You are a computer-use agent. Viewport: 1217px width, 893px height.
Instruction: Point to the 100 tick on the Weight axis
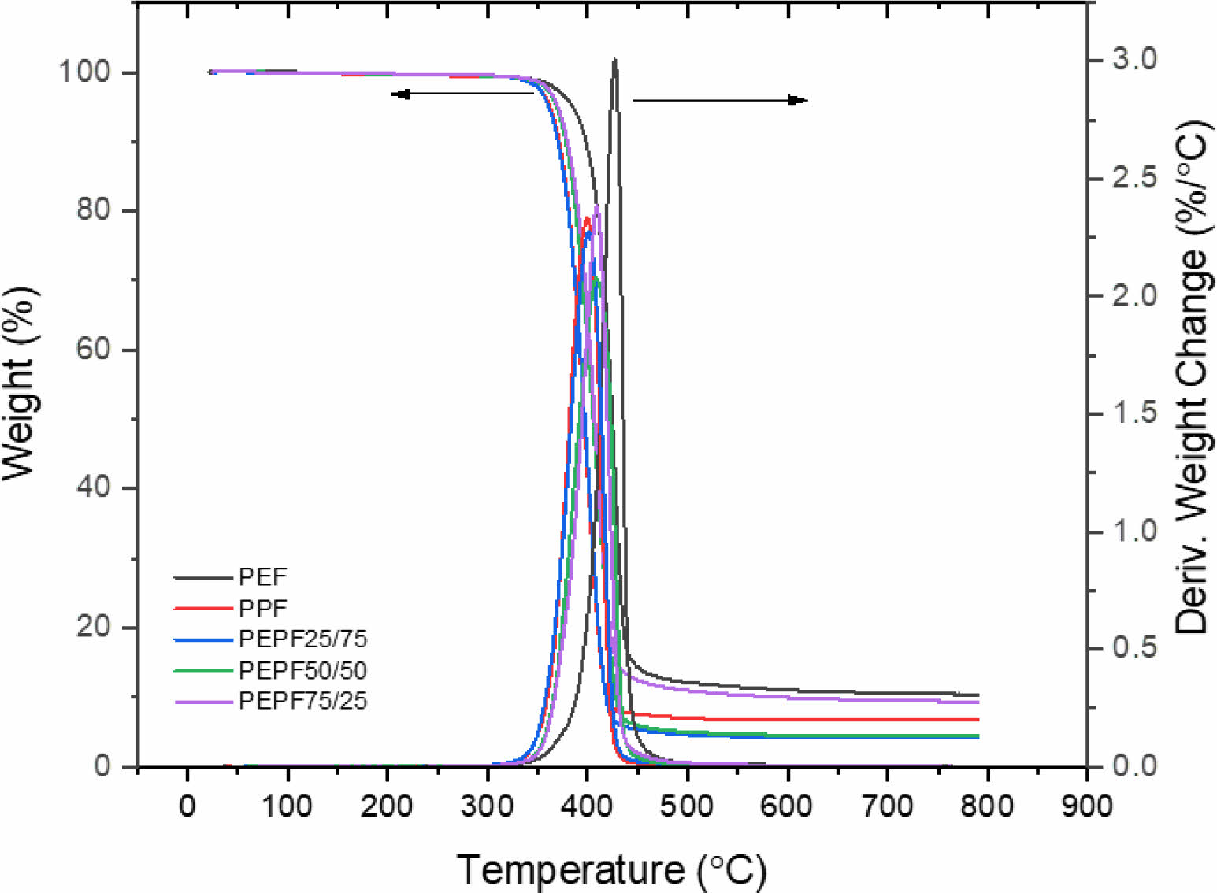(84, 72)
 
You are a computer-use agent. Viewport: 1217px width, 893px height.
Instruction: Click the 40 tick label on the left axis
(93, 487)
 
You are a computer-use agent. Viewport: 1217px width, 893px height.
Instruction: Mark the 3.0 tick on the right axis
(1134, 58)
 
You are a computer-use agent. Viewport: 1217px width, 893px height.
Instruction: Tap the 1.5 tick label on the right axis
(1134, 413)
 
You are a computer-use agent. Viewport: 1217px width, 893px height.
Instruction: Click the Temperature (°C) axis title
(611, 870)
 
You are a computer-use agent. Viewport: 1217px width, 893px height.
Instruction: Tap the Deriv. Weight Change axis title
(1191, 378)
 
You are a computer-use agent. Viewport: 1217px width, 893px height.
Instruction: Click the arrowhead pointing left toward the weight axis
(400, 94)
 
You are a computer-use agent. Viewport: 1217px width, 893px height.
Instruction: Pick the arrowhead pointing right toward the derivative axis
(799, 100)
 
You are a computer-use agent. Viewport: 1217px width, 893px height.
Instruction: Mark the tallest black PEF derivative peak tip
(614, 59)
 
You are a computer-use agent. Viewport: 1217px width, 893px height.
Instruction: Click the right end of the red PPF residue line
(978, 720)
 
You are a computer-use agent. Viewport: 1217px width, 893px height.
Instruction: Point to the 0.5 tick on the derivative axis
(1134, 648)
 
